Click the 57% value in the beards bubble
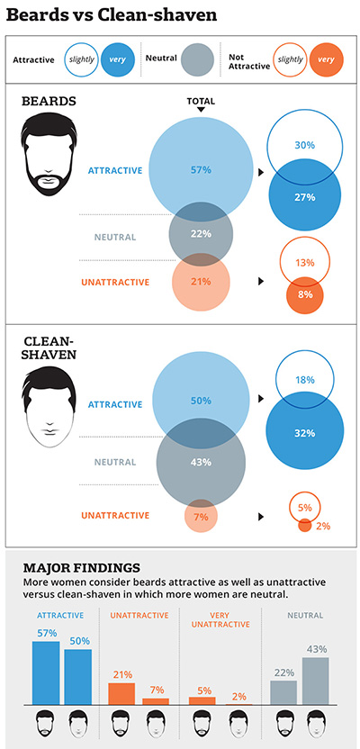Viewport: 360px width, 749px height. coord(201,169)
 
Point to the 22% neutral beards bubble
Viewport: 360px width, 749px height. coord(201,233)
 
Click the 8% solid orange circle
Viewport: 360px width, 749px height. coord(303,293)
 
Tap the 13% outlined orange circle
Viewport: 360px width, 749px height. coord(303,263)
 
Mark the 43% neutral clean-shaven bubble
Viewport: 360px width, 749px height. coord(201,463)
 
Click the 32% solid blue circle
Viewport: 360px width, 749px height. coord(303,432)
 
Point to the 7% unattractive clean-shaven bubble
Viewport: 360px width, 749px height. coord(201,517)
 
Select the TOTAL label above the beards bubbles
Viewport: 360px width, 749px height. coord(201,102)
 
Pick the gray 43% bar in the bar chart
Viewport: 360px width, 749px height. coord(315,681)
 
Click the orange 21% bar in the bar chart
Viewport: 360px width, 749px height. coord(121,693)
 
